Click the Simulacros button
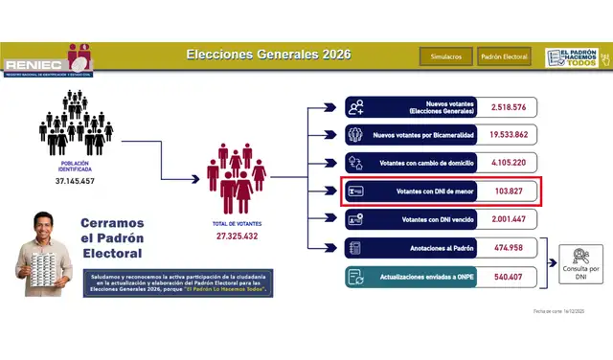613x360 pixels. (445, 56)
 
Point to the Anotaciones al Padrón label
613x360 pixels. (428, 248)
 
